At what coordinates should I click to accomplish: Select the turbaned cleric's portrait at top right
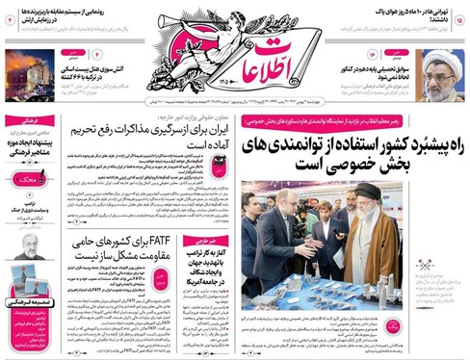pos(441,76)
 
